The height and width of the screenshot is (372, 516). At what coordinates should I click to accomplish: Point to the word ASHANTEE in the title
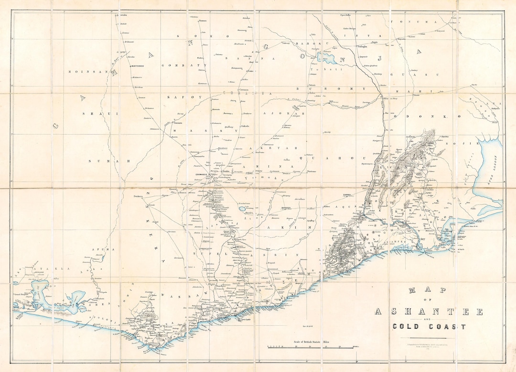(429, 312)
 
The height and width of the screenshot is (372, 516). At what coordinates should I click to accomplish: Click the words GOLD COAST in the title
(429, 327)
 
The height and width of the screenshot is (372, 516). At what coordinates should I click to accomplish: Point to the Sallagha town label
(362, 47)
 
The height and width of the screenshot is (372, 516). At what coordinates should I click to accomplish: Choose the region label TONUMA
(414, 22)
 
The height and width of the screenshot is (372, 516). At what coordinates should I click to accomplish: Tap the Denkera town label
(138, 196)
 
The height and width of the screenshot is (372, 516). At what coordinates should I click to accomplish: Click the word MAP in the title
(428, 290)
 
